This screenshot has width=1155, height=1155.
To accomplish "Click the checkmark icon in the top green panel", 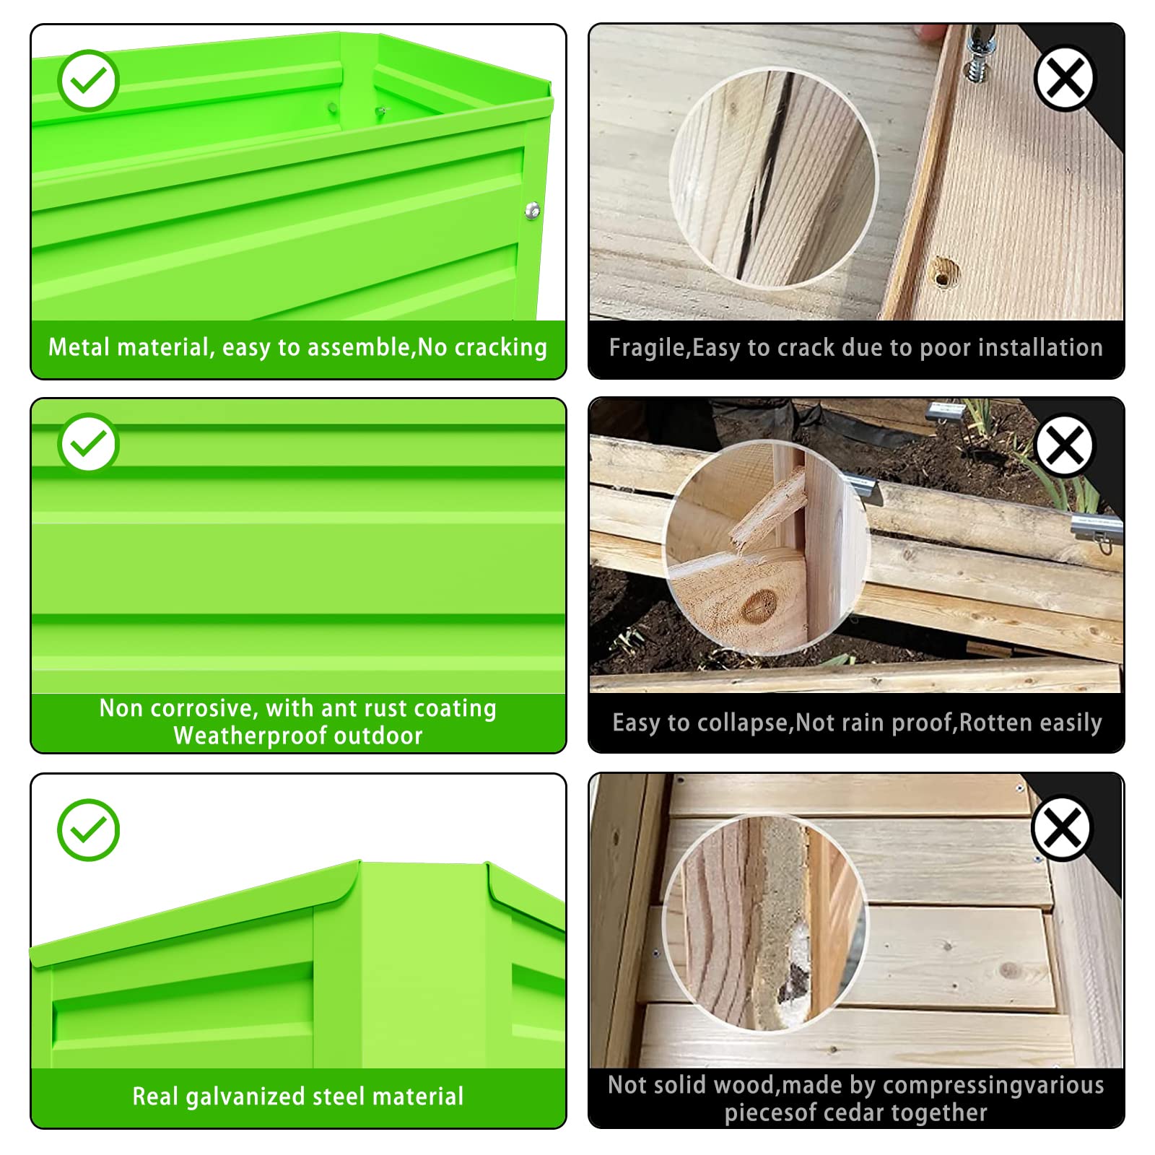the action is pyautogui.click(x=89, y=80).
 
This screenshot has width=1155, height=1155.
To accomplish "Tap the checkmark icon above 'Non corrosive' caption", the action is pyautogui.click(x=89, y=443).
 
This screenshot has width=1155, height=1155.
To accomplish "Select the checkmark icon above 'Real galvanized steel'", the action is pyautogui.click(x=88, y=829).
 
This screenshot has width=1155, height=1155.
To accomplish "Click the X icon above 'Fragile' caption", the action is pyautogui.click(x=1065, y=78).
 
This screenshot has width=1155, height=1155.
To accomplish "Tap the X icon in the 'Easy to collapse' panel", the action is pyautogui.click(x=1065, y=445).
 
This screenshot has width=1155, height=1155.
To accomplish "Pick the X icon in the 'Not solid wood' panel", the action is pyautogui.click(x=1062, y=827).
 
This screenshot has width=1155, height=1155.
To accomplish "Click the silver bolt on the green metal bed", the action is pyautogui.click(x=533, y=210).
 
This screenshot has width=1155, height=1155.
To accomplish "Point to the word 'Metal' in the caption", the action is pyautogui.click(x=79, y=347).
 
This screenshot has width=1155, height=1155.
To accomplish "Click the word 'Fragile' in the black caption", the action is pyautogui.click(x=648, y=348).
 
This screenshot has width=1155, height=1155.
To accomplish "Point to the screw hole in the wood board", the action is pyautogui.click(x=943, y=274).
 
